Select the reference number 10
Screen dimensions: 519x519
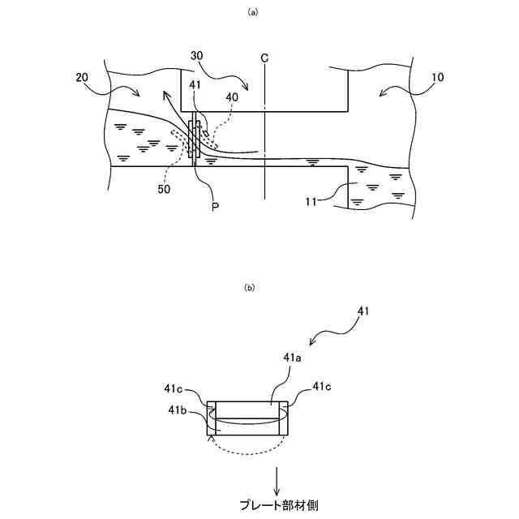[437, 77]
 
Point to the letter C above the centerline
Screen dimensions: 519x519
[264, 58]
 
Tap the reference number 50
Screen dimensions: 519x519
[165, 188]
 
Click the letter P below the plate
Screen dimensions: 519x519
[216, 207]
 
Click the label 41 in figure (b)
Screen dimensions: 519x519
[364, 310]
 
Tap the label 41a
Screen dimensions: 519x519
[294, 357]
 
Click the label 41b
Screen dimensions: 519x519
[178, 411]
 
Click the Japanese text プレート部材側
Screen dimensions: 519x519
[278, 504]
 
